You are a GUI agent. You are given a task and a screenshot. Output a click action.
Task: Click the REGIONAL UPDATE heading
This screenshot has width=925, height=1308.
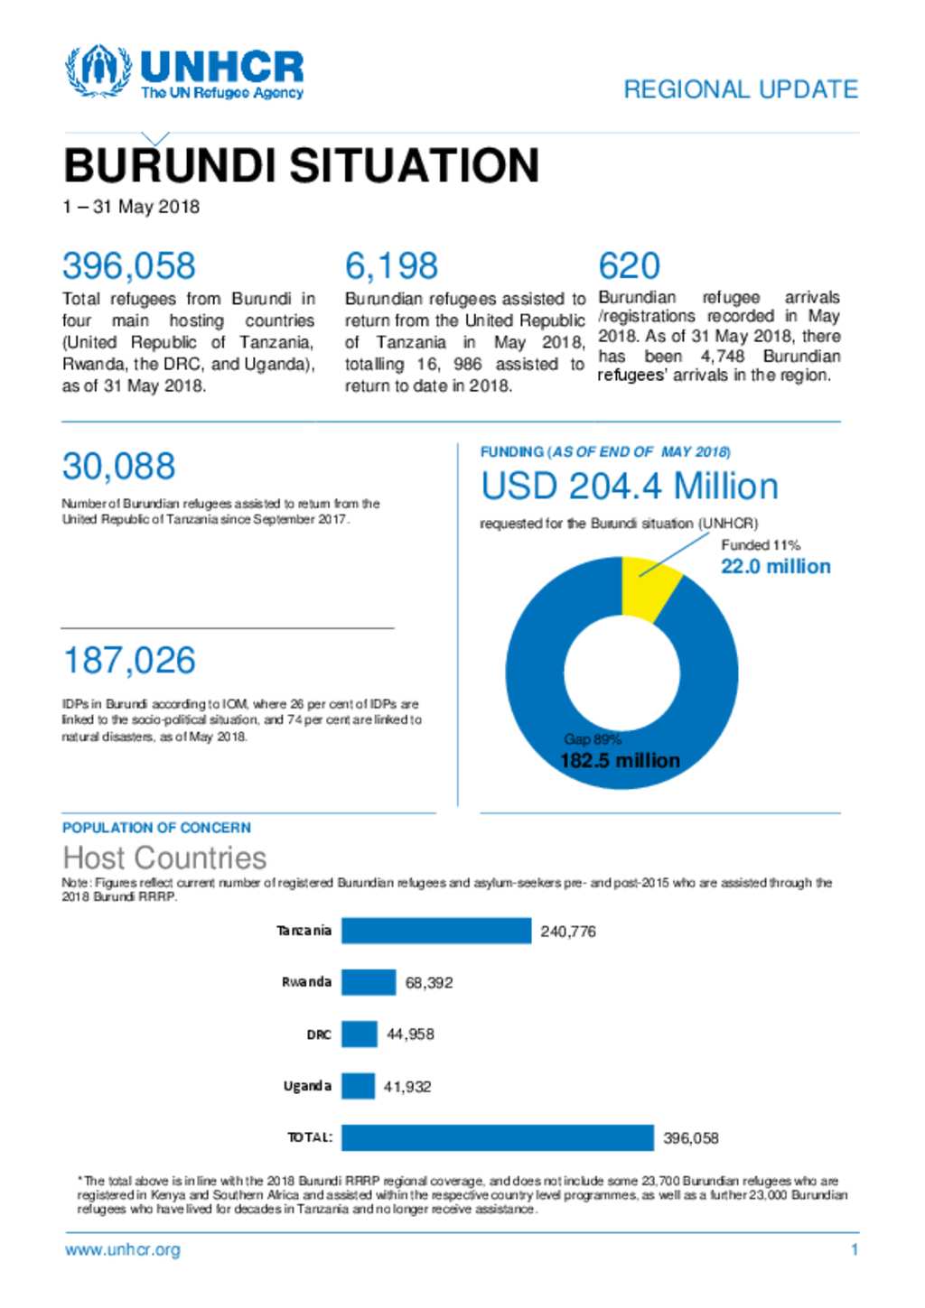(x=741, y=89)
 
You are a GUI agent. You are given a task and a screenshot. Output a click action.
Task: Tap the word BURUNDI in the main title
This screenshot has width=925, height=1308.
(x=169, y=166)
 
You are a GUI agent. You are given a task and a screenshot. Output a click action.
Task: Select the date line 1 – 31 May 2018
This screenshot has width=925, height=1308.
(x=131, y=207)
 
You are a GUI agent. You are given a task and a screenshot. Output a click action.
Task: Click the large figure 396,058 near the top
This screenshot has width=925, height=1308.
(x=129, y=266)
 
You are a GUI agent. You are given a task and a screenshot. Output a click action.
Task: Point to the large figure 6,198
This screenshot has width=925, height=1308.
(x=391, y=266)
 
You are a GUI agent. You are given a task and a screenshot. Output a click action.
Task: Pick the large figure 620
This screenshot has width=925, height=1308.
(x=629, y=266)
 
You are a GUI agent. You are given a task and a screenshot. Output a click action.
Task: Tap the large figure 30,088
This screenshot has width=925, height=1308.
(x=118, y=467)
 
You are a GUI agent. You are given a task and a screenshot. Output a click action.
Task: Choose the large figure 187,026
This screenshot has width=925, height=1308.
(x=129, y=661)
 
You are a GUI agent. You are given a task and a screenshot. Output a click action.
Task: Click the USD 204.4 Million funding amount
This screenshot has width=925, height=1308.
(x=630, y=487)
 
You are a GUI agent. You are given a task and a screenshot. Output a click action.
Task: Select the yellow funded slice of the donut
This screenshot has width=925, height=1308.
(x=649, y=586)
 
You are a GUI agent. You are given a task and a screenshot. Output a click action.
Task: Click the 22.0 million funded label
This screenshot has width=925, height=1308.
(x=775, y=567)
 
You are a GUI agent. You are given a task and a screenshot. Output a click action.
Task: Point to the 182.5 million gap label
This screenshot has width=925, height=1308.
(x=620, y=761)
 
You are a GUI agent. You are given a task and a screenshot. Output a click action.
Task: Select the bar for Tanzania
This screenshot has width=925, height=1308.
(x=436, y=931)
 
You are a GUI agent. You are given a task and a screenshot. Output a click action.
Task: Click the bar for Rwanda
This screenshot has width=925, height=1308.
(x=369, y=982)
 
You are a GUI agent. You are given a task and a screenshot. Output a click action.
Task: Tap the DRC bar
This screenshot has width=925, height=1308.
(x=360, y=1034)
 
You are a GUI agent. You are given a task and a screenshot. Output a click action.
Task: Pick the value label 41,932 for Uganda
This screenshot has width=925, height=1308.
(x=407, y=1087)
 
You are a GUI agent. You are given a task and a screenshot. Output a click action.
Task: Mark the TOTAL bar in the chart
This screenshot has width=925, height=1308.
(x=497, y=1137)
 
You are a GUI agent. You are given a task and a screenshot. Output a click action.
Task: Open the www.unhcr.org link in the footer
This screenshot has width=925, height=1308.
(x=123, y=1250)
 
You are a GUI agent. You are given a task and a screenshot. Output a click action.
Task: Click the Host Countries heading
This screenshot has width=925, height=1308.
(x=165, y=858)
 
